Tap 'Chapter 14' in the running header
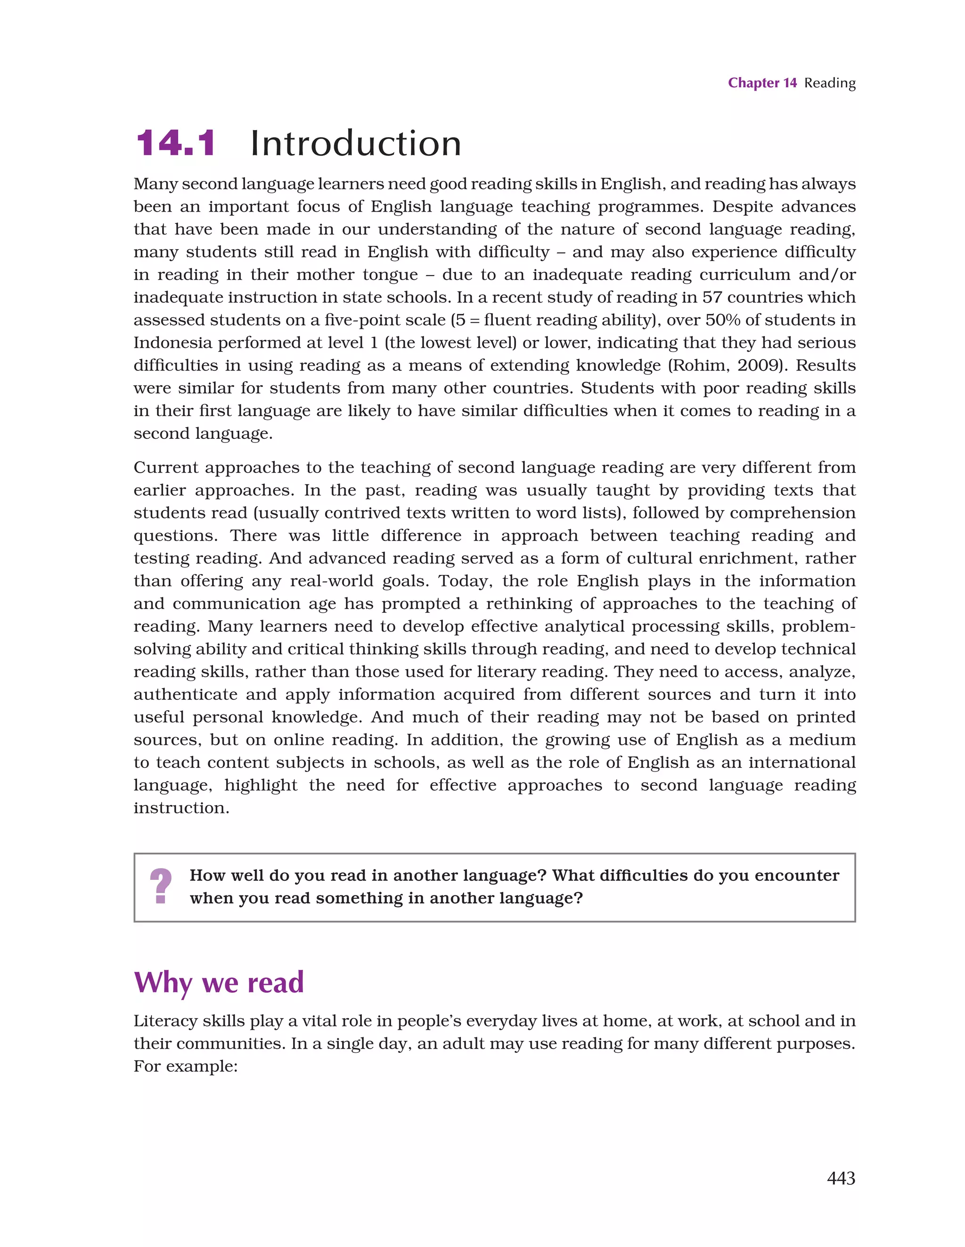pyautogui.click(x=762, y=83)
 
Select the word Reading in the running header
pyautogui.click(x=830, y=83)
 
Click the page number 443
pyautogui.click(x=841, y=1178)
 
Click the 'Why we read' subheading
pyautogui.click(x=219, y=983)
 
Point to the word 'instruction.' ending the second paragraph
pyautogui.click(x=181, y=808)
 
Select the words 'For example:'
pyautogui.click(x=185, y=1066)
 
